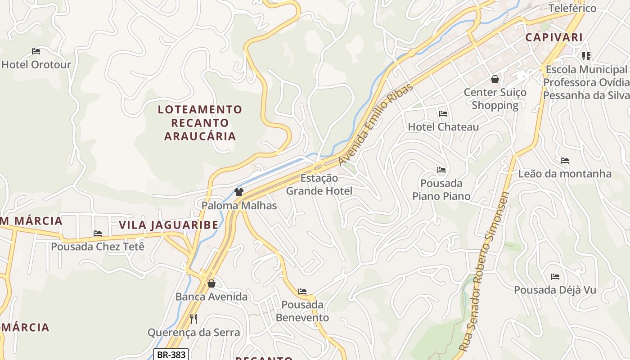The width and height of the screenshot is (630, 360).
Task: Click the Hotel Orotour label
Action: [x=36, y=64]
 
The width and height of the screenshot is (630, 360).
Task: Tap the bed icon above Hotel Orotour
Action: [x=36, y=51]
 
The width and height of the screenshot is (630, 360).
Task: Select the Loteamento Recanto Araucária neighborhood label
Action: [x=200, y=123]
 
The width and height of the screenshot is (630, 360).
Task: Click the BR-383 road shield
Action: [x=171, y=355]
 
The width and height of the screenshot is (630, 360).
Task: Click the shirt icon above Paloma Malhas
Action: [x=239, y=193]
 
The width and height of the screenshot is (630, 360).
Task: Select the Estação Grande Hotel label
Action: [x=319, y=184]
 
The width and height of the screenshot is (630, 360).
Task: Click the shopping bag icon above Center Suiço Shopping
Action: [x=495, y=79]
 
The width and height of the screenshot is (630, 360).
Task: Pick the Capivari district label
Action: [x=554, y=37]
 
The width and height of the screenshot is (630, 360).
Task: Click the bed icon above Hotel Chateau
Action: [x=443, y=114]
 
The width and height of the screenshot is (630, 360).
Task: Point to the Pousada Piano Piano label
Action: [x=441, y=189]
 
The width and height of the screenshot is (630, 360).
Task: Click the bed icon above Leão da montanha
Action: [x=565, y=161]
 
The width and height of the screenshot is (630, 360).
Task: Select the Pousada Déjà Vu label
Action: [x=555, y=290]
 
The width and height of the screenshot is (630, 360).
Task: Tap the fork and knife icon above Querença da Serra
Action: [x=193, y=319]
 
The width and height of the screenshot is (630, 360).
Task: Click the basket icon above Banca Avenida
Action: [x=211, y=283]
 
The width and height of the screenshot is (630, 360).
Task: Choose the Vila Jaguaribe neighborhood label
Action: [x=168, y=225]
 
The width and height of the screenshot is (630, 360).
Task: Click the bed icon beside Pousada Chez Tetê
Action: [x=98, y=234]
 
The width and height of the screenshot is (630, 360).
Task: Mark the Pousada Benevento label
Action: [x=302, y=311]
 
